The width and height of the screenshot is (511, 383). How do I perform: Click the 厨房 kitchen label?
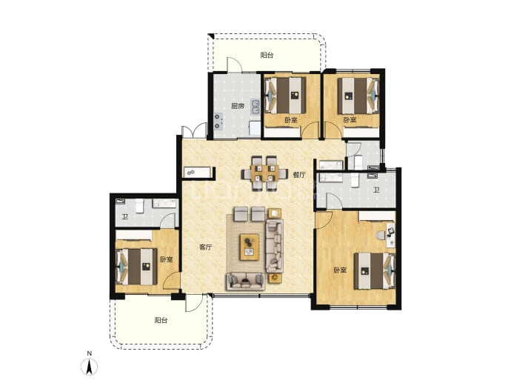(x=238, y=106)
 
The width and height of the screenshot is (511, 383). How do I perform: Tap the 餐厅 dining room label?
(x=299, y=175)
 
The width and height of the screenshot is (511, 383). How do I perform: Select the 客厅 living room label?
(x=206, y=247)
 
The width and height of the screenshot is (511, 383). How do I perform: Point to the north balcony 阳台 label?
(x=267, y=56)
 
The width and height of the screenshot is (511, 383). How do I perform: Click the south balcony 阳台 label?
(x=161, y=321)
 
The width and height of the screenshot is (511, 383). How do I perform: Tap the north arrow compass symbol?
(x=90, y=367)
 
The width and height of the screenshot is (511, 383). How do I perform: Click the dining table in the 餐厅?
(x=264, y=173)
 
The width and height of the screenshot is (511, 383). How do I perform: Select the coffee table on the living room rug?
(x=250, y=247)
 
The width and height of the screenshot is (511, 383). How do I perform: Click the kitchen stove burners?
(x=218, y=121)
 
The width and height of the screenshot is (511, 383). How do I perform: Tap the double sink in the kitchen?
(x=255, y=107)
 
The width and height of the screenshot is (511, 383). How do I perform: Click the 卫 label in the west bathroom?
(x=125, y=217)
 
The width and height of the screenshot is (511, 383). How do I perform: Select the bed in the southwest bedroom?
(x=136, y=266)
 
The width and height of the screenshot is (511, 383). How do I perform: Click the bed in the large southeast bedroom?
(x=375, y=271)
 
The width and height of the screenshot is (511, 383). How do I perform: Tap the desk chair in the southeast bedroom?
(x=380, y=235)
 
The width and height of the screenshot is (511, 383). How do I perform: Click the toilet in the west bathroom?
(x=140, y=206)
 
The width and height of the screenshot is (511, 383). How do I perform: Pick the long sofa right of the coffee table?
(x=275, y=246)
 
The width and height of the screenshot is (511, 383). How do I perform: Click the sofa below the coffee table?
(x=245, y=282)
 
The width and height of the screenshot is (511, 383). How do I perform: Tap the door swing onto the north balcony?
(x=234, y=64)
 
